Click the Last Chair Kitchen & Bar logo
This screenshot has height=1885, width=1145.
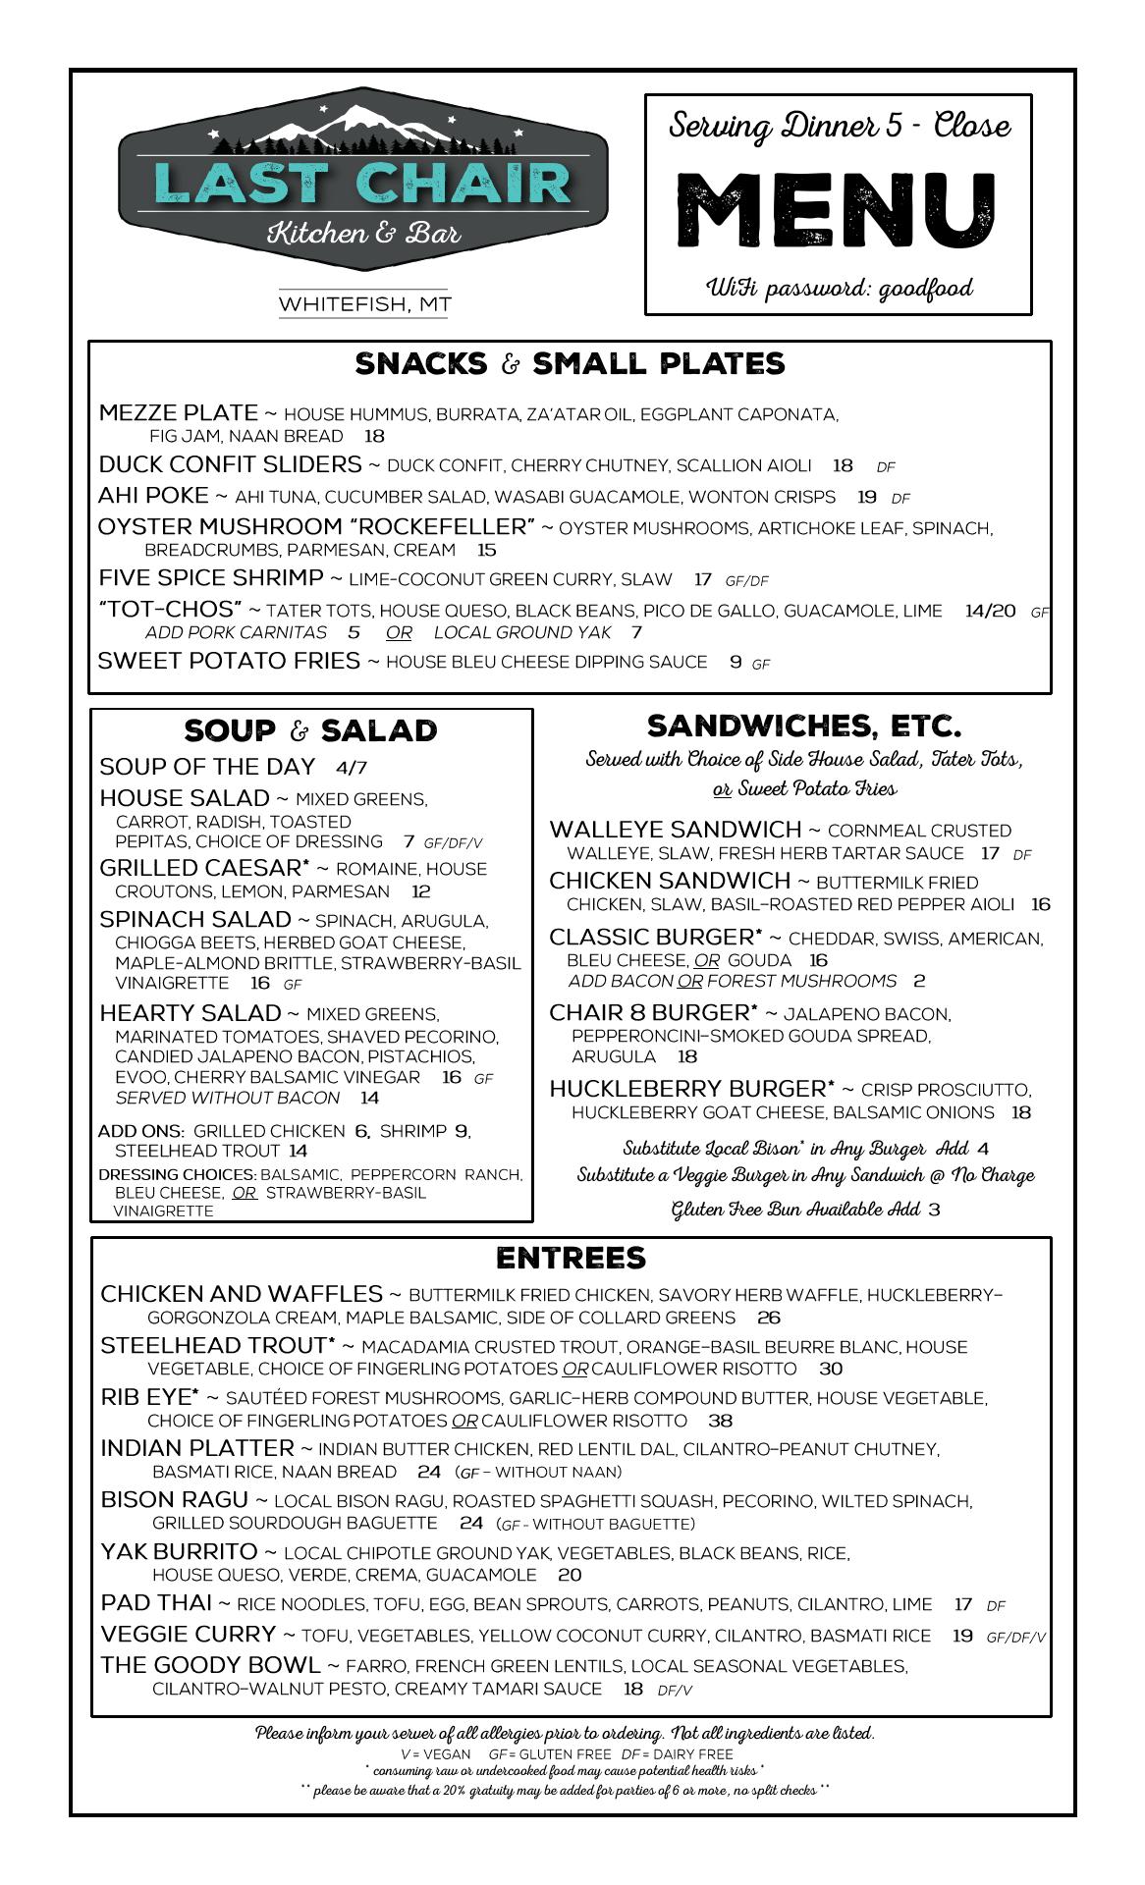click(x=363, y=181)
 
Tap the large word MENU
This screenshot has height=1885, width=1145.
click(x=838, y=211)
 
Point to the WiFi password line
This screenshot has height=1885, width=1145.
click(x=840, y=289)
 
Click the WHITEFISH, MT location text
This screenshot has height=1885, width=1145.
click(x=363, y=304)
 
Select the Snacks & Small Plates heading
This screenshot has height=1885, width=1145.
click(x=570, y=364)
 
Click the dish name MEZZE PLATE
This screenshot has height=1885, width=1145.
click(x=179, y=413)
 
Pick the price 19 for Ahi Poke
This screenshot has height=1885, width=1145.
click(x=866, y=497)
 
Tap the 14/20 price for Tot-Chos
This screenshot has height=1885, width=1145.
click(x=990, y=611)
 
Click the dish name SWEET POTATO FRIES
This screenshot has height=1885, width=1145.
click(x=229, y=661)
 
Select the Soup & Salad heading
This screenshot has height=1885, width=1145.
click(x=310, y=731)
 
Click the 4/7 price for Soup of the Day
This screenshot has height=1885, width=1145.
click(x=351, y=768)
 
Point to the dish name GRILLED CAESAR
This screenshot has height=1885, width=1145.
click(x=204, y=869)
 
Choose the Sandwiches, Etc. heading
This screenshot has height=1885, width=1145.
click(x=803, y=727)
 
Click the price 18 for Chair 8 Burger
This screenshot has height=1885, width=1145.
click(x=686, y=1056)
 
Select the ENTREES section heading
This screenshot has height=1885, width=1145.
click(x=571, y=1259)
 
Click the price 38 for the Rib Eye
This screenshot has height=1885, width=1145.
click(x=720, y=1421)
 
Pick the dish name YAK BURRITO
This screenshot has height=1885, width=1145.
click(x=179, y=1552)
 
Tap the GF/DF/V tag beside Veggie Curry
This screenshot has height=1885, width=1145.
click(x=1015, y=1638)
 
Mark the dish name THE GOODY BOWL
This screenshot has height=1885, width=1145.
click(x=210, y=1665)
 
